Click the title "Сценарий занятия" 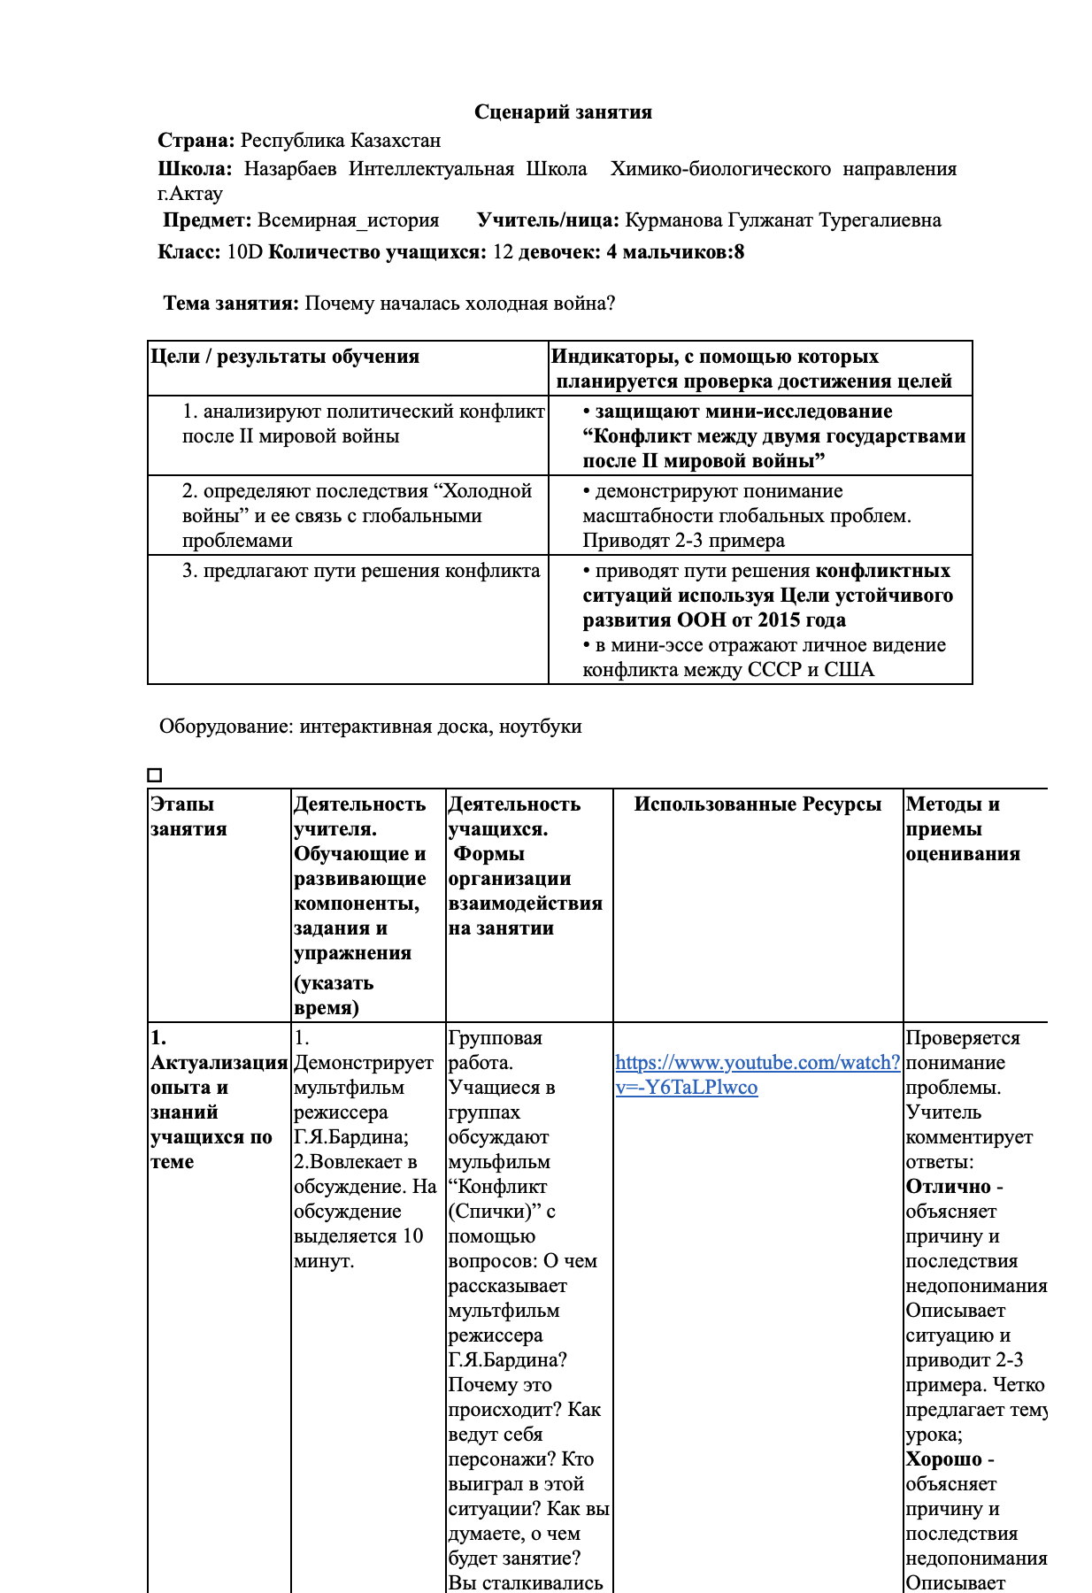pos(563,112)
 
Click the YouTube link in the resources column pos(757,1074)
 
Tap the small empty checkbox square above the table pos(155,775)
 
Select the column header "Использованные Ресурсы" pos(757,804)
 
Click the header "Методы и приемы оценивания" pos(963,828)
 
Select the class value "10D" pos(245,252)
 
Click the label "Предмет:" pos(207,220)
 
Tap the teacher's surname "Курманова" pos(673,220)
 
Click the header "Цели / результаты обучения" pos(285,357)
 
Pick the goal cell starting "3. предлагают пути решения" pos(361,571)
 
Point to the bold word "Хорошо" pos(943,1459)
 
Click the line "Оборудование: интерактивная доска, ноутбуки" pos(371,727)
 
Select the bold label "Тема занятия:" pos(231,304)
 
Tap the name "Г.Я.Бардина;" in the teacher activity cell pos(350,1137)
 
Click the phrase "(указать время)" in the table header pos(334,996)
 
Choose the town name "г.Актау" pos(190,193)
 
